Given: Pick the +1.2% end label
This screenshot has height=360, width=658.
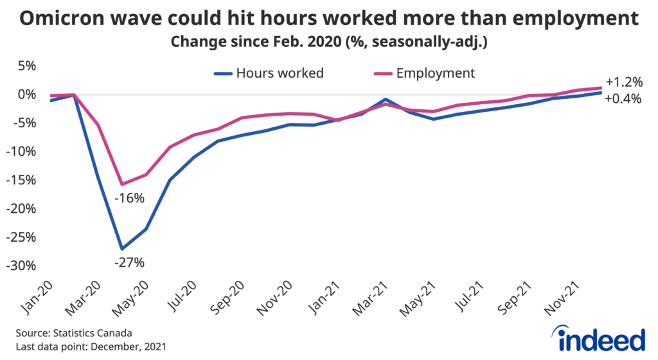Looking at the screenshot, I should click(x=623, y=82).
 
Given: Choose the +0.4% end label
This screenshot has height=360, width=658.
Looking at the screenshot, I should click(x=623, y=99).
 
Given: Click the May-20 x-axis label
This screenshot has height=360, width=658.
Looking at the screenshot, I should click(x=131, y=297).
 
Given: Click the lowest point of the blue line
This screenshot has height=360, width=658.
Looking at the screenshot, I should click(x=121, y=249).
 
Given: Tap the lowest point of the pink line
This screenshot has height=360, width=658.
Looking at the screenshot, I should click(x=121, y=184).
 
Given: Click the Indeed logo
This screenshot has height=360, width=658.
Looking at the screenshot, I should click(x=598, y=339).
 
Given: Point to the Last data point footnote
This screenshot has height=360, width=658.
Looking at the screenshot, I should click(x=89, y=347).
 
